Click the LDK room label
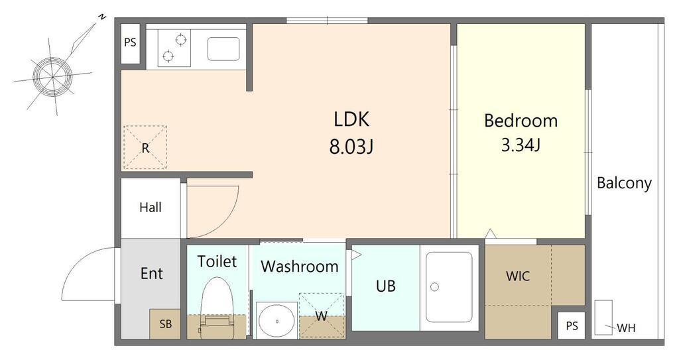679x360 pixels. point(351,119)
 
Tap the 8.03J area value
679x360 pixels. point(351,147)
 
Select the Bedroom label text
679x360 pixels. point(521,121)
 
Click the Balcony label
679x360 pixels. point(624,183)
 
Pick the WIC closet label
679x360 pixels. point(517,276)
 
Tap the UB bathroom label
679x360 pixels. point(385,286)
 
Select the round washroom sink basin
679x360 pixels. point(277,321)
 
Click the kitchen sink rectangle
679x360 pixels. point(223,49)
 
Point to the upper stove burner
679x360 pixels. point(181,40)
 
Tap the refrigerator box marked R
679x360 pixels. point(145,147)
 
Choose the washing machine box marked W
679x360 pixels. point(322,316)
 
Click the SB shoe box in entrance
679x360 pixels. point(165,324)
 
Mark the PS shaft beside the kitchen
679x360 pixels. point(131,42)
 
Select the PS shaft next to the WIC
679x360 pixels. point(572,326)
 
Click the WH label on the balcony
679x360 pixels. point(626,328)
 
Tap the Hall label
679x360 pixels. point(151,208)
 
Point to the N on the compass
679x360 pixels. point(101,17)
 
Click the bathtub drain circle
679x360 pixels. point(435,287)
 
